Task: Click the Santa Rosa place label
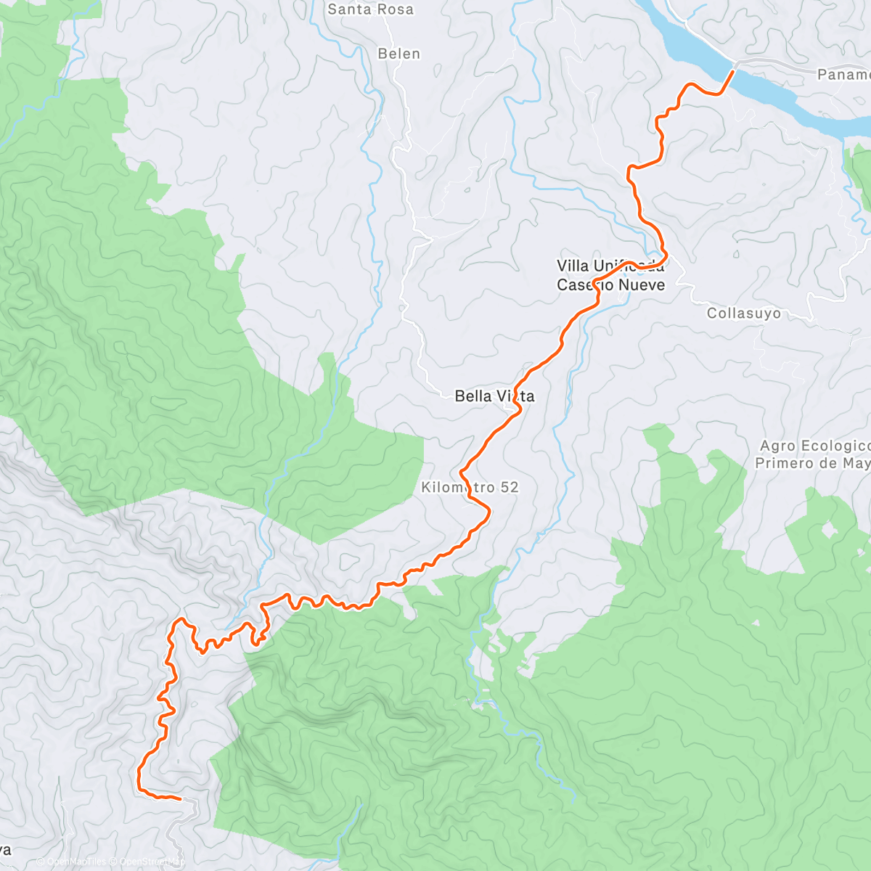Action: point(370,9)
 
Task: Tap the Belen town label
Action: point(398,54)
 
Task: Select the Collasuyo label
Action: point(744,314)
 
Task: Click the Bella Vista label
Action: point(494,396)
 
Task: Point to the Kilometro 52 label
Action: point(470,488)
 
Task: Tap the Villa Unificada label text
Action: point(610,266)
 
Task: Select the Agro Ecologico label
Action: point(814,446)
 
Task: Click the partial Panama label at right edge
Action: point(843,75)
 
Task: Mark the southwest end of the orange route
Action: point(180,798)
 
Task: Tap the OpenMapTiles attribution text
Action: point(71,862)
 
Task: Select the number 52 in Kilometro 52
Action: point(509,488)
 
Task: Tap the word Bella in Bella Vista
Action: point(471,396)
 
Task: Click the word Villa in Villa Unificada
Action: point(573,266)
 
